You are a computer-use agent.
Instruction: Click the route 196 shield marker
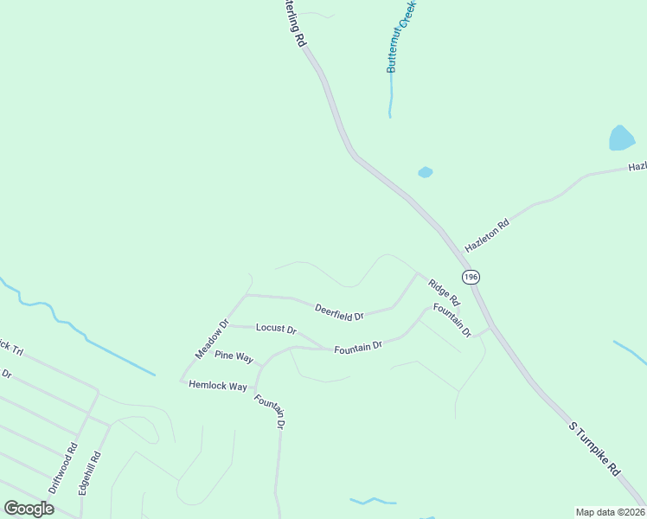[x=470, y=277]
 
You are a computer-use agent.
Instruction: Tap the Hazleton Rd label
[x=488, y=235]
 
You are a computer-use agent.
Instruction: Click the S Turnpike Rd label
[x=596, y=448]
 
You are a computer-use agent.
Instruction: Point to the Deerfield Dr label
[x=339, y=311]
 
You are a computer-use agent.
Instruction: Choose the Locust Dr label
[x=276, y=330]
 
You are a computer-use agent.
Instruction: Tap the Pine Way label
[x=234, y=356]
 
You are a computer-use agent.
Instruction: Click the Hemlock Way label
[x=218, y=386]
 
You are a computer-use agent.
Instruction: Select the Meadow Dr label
[x=211, y=340]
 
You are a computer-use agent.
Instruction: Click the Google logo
[x=29, y=508]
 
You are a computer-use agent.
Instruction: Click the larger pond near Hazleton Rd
[x=621, y=138]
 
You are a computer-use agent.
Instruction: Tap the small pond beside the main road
[x=425, y=172]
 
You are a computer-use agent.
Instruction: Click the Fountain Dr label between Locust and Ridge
[x=358, y=347]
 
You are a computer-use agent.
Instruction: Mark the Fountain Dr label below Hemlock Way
[x=269, y=411]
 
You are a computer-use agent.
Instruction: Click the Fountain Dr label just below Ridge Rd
[x=452, y=320]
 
